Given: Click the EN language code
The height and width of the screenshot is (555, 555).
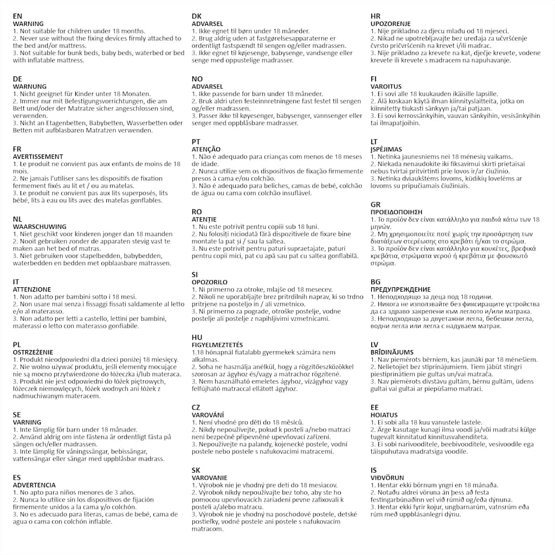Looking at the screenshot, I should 18,16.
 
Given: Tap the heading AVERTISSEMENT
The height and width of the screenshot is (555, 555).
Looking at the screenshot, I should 38,157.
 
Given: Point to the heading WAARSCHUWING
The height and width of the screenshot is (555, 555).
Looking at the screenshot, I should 40,227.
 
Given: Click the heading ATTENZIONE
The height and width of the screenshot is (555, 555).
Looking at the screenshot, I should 32,289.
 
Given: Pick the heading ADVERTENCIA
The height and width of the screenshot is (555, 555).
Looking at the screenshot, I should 34,485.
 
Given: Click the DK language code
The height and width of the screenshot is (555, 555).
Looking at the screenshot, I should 197,16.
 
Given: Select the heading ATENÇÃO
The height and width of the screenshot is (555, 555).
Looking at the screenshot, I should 206,149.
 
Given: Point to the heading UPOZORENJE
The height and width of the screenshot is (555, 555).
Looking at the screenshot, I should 391,24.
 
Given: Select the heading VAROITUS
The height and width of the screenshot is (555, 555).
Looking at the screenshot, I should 386,87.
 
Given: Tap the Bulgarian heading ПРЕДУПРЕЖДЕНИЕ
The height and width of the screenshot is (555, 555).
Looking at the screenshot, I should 401,289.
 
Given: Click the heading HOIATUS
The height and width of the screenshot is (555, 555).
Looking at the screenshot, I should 384,415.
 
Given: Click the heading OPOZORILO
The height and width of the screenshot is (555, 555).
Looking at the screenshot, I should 210,282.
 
